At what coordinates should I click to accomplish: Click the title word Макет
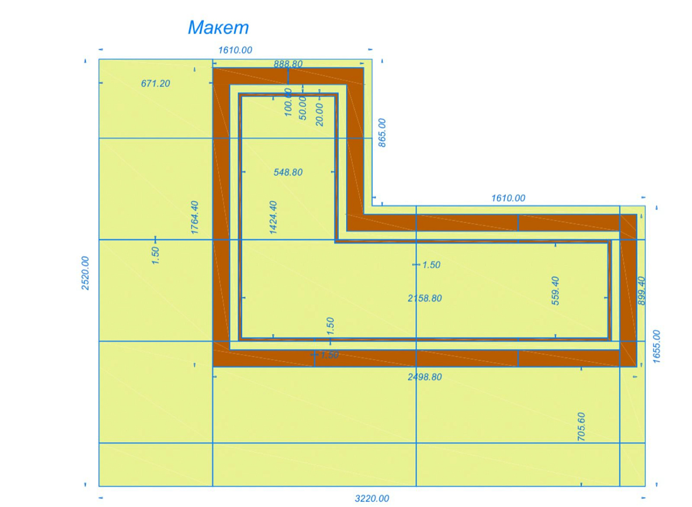(x=218, y=28)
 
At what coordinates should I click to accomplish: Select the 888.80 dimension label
(x=288, y=64)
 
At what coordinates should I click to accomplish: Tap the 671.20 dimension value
(x=155, y=84)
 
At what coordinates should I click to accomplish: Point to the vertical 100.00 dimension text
(x=288, y=102)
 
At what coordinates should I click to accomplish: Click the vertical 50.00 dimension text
(x=303, y=108)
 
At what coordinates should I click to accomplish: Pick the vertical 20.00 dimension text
(x=319, y=114)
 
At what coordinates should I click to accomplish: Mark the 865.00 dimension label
(x=382, y=133)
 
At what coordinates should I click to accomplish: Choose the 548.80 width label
(x=288, y=173)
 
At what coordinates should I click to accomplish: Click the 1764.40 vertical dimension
(x=195, y=217)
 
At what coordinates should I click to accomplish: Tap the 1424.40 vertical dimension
(x=273, y=217)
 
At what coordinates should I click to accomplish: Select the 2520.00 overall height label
(x=85, y=273)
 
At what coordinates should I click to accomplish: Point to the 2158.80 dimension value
(x=424, y=298)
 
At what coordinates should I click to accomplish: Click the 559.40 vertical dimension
(x=555, y=291)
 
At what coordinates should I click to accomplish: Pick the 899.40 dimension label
(x=641, y=291)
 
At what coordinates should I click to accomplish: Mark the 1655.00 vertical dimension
(x=657, y=346)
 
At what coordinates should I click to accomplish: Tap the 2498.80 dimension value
(x=424, y=377)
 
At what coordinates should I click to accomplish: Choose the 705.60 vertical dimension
(x=581, y=426)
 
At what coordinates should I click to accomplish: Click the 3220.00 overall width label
(x=372, y=498)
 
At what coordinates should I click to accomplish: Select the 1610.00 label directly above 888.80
(x=235, y=50)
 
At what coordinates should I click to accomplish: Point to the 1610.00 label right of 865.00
(x=508, y=198)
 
